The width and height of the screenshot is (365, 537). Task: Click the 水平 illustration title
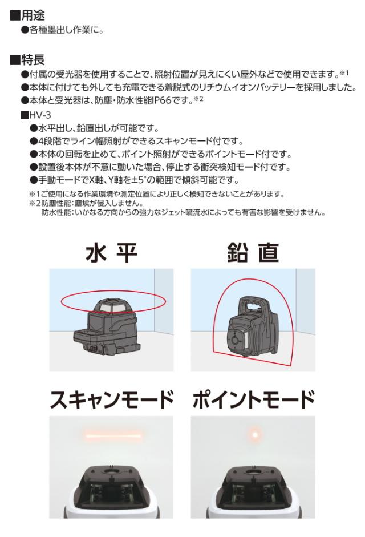(111, 253)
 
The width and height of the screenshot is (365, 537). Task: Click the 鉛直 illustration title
(253, 253)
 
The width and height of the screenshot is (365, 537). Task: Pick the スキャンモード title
(111, 399)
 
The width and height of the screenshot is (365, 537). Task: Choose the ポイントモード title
(253, 399)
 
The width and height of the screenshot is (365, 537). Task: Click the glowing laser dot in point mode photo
(255, 435)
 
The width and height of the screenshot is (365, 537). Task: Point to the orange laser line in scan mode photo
(113, 436)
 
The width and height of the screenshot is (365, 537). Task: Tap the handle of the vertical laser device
(253, 304)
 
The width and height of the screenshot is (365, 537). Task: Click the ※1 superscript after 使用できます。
(343, 72)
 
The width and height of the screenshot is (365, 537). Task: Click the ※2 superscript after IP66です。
(198, 99)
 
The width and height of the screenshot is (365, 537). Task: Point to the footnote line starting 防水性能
(183, 212)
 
